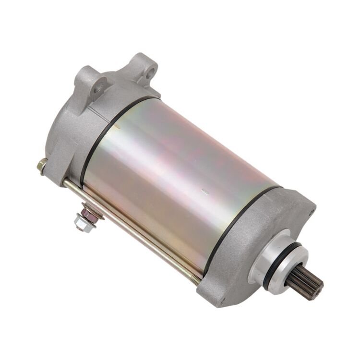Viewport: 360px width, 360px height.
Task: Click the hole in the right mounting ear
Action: (151, 73)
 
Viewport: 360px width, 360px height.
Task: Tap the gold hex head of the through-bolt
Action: (42, 166)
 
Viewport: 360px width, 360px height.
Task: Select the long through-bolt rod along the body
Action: (130, 230)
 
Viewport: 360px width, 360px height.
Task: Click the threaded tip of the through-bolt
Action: (196, 281)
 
